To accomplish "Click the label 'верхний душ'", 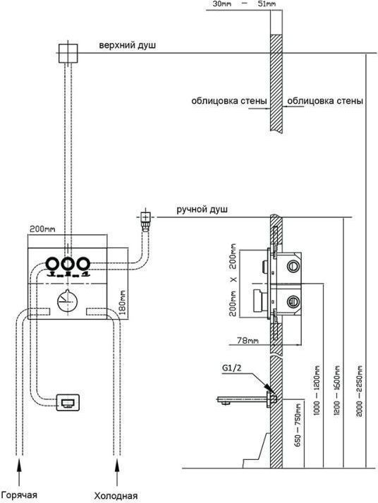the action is coord(127,45).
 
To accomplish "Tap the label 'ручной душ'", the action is coord(202,210).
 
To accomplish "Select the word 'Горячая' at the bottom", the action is coord(19,495).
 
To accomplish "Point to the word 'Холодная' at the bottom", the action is coord(116,496).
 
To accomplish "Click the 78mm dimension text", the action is coord(248,340).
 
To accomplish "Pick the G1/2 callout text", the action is coord(231,368).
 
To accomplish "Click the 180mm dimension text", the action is coord(123,302).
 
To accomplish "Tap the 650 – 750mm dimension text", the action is coord(297,425).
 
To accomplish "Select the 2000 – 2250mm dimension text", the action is coord(359,390).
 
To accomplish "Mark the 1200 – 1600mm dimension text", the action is coord(337,390).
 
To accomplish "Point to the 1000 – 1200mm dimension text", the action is coord(316,390).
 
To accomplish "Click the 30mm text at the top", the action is coord(222,4).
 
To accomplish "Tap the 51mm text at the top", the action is coord(267,4).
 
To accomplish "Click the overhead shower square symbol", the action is coord(68,53).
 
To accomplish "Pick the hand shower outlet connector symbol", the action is coord(146,219).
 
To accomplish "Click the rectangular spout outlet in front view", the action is coord(68,402).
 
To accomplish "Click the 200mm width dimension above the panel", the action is coord(42,229).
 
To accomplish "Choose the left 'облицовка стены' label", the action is coord(229,101).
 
